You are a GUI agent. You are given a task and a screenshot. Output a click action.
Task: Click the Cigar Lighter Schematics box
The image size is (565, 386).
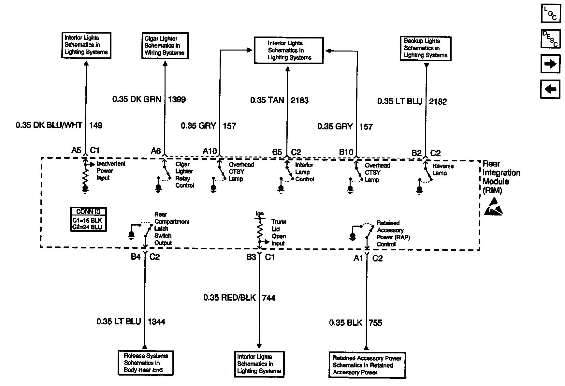[165, 46]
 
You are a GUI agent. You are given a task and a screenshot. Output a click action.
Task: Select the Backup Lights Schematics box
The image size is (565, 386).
[426, 48]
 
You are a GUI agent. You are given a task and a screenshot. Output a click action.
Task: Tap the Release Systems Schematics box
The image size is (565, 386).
[145, 363]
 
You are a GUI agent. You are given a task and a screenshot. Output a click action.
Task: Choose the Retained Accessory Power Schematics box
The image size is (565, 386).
[367, 365]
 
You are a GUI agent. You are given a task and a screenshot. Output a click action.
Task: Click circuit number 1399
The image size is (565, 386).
[177, 99]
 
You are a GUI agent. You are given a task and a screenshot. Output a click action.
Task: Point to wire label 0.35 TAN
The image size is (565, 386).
[267, 100]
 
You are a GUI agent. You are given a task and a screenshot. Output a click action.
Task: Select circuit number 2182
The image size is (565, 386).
[438, 101]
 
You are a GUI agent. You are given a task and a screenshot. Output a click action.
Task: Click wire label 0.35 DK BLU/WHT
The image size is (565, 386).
[49, 125]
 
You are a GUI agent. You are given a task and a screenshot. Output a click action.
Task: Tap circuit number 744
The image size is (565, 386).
[268, 298]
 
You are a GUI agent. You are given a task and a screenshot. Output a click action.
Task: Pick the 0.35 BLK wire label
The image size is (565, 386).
[345, 323]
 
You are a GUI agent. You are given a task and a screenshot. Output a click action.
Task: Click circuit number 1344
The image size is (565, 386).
[156, 322]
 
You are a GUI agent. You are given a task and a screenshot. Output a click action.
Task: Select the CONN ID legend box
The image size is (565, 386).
[89, 219]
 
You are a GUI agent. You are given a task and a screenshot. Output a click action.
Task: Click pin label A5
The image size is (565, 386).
[76, 150]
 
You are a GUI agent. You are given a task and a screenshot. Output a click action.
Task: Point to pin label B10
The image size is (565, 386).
[346, 152]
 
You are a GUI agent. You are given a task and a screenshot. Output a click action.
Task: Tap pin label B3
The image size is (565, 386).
[251, 257]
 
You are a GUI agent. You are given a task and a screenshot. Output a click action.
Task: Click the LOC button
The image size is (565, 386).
[550, 13]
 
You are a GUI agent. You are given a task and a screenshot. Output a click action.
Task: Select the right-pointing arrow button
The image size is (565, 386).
[550, 64]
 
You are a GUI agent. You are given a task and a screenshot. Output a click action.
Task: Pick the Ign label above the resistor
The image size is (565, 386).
[259, 214]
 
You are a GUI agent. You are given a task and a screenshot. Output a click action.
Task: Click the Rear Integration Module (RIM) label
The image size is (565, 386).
[501, 177]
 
